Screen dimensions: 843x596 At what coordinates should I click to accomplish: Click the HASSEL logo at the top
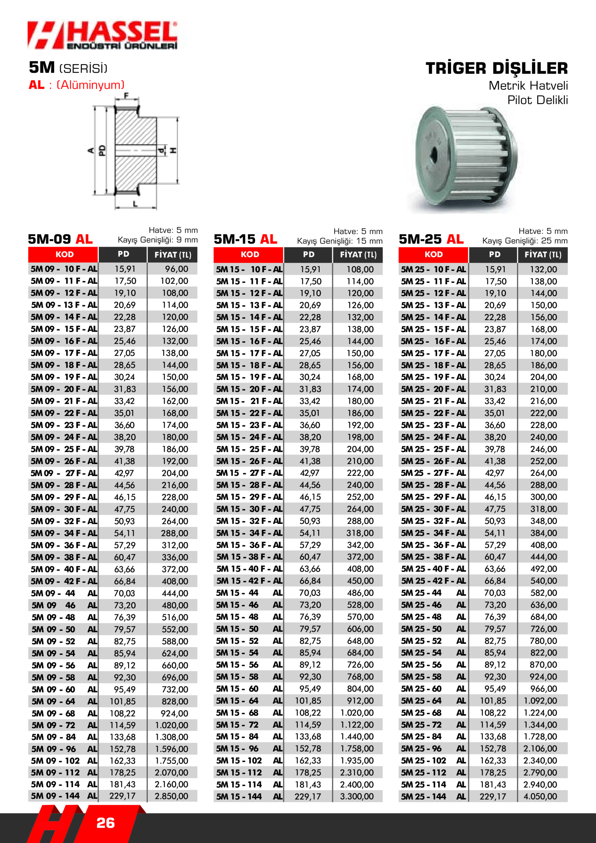coord(102,35)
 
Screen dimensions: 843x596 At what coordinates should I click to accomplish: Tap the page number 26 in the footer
coord(105,823)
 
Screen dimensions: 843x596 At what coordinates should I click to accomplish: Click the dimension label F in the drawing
coord(126,96)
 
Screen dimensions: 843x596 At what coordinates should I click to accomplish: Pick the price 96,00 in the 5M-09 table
coord(176,269)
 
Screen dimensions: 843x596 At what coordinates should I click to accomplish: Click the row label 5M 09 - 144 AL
coord(64,796)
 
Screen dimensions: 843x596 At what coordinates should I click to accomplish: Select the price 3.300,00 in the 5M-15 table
coord(357,796)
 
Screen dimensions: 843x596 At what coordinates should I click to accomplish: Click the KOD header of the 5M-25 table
coord(433,255)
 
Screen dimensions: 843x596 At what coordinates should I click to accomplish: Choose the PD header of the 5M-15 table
coord(309,255)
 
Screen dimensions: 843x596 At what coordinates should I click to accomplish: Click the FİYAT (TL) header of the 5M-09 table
coord(173,255)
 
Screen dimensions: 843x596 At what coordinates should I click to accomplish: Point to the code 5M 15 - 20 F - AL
coord(249,389)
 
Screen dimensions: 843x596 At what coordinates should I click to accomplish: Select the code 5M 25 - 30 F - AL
coord(433,509)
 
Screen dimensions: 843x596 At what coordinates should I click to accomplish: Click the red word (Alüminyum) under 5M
coord(91,85)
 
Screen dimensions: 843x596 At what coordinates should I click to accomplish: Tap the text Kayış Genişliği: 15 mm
coord(340,241)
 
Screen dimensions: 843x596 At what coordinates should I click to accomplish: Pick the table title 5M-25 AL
coord(431,239)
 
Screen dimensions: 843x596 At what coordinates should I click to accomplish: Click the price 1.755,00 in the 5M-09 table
coord(172,760)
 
